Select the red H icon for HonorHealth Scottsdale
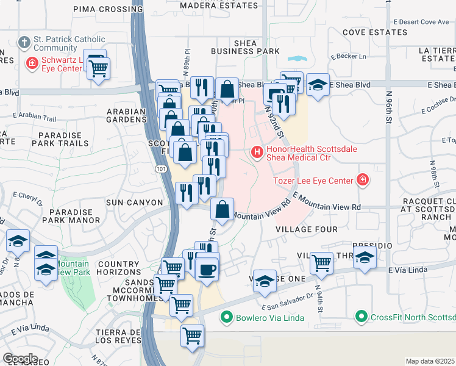pyautogui.click(x=257, y=151)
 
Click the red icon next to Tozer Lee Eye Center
pyautogui.click(x=362, y=180)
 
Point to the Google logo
pyautogui.click(x=20, y=359)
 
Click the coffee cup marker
pyautogui.click(x=207, y=270)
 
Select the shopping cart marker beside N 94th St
pyautogui.click(x=321, y=264)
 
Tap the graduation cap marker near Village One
pyautogui.click(x=265, y=281)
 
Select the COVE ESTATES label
pyautogui.click(x=371, y=32)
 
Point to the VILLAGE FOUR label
pyautogui.click(x=306, y=229)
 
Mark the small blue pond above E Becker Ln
pyautogui.click(x=297, y=60)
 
